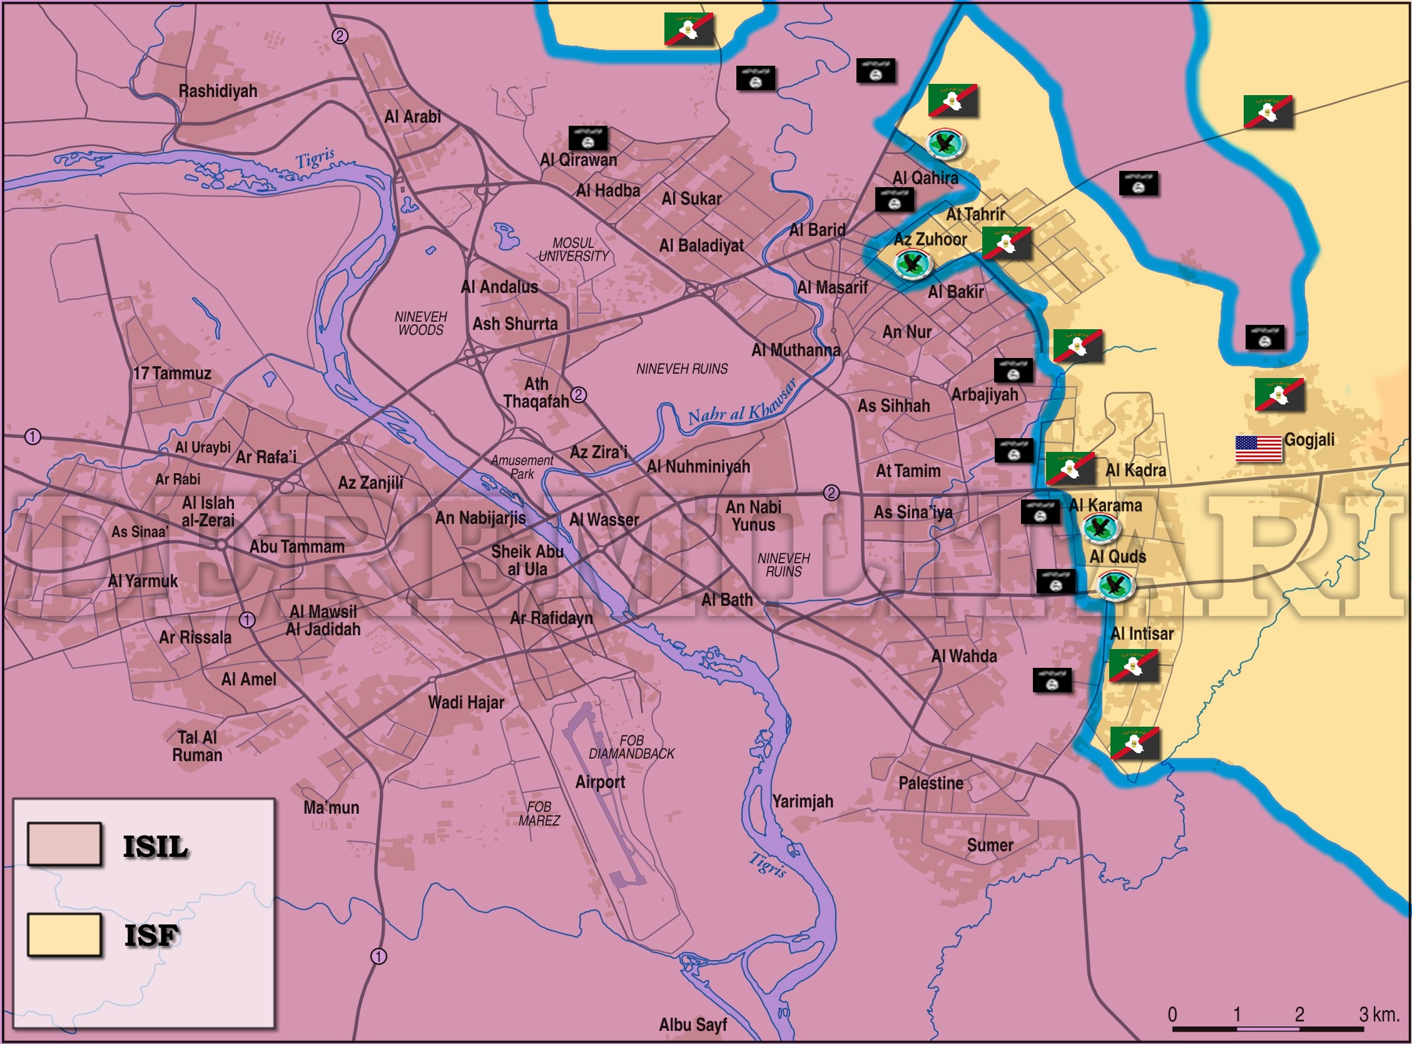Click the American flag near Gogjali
point(1258,449)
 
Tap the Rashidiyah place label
point(218,91)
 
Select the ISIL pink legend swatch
point(64,844)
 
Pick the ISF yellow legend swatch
point(64,934)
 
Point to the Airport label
point(600,782)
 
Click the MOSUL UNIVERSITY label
point(574,250)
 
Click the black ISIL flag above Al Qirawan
point(588,138)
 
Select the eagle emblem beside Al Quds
point(1115,586)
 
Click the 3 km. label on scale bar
point(1379,1015)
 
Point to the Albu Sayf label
point(693,1025)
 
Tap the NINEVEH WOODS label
point(420,323)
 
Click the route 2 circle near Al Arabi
point(340,36)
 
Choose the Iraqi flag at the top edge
point(688,29)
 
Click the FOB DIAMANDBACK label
point(631,747)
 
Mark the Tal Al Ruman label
point(197,746)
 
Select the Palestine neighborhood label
point(931,783)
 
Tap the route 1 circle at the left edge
point(33,437)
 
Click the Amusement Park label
point(522,467)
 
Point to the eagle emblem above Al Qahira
point(946,143)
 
